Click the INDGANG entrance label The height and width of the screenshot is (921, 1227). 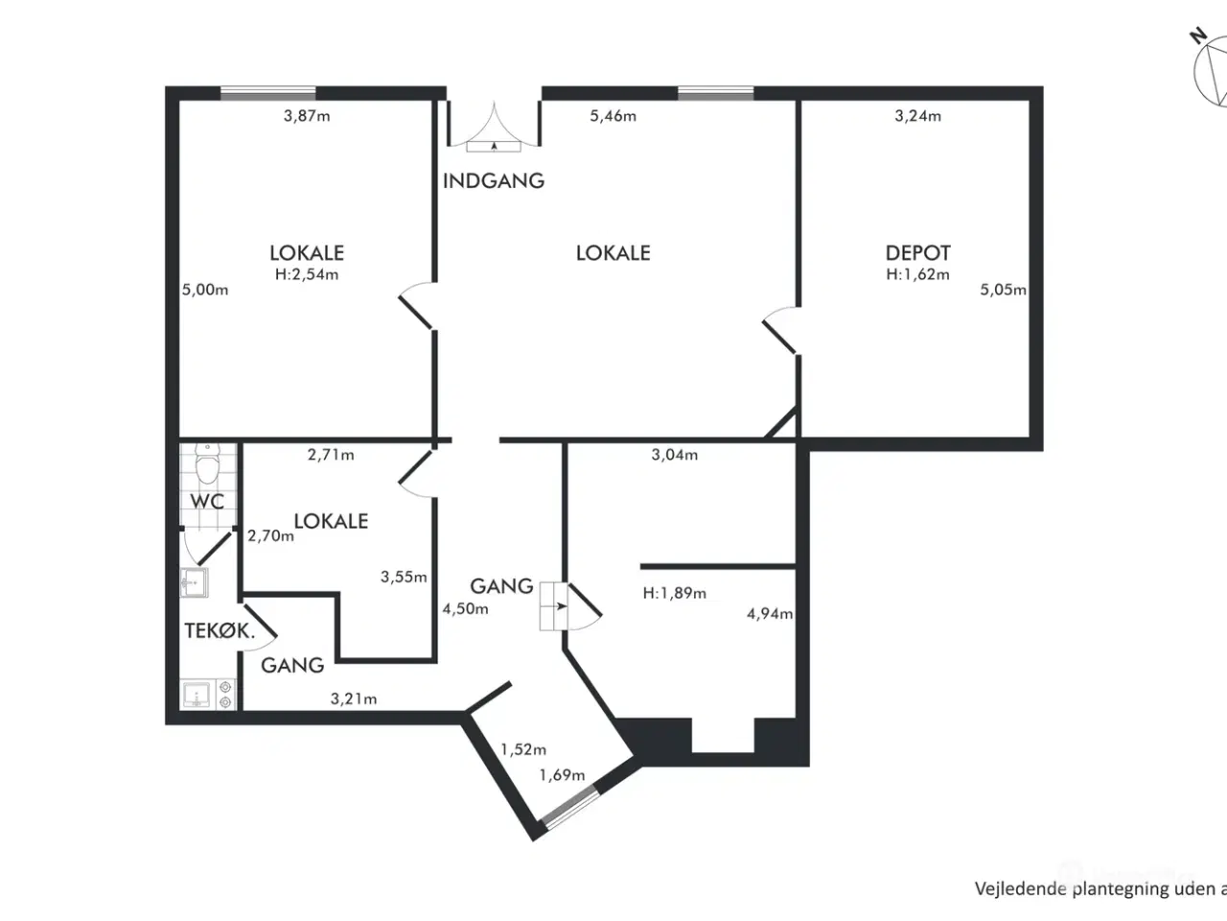point(493,180)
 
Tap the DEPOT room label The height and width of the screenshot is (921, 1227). point(918,253)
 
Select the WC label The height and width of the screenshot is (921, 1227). point(207,502)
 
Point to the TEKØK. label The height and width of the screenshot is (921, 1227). point(220,630)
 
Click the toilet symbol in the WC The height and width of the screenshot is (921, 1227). point(207,463)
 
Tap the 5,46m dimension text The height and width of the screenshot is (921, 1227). point(613,116)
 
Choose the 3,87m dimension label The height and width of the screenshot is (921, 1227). point(307,116)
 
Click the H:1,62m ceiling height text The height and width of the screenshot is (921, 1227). point(918,274)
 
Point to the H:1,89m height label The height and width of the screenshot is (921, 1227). point(674,593)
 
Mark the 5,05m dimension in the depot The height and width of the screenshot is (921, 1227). point(1004,290)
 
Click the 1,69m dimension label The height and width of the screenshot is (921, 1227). point(562,775)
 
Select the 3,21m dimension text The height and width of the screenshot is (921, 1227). point(354,698)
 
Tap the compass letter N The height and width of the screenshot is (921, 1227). point(1198,35)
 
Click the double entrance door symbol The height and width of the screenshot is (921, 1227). point(494,129)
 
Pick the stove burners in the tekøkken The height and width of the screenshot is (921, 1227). point(225,695)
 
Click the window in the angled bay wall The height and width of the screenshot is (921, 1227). point(570,805)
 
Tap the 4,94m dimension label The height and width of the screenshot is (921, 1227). point(770,614)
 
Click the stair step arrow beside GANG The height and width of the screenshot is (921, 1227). point(560,606)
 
